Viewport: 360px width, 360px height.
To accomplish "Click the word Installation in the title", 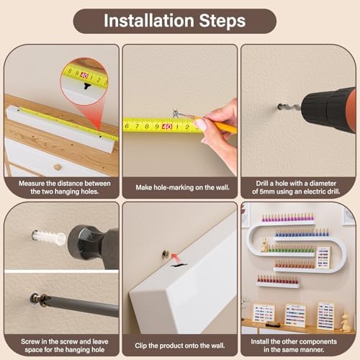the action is pos(149,21).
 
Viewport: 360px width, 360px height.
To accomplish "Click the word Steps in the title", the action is pos(222,21).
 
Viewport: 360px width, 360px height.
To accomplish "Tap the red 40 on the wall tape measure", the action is pos(167,127).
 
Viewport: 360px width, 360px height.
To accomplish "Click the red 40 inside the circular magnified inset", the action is pos(84,76).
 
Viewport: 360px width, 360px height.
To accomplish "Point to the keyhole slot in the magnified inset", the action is pos(86,86).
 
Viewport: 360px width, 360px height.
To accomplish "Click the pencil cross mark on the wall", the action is pos(176,114).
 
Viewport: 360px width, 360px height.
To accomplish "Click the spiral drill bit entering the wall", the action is pos(289,107).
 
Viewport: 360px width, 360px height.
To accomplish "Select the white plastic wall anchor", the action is pos(49,237).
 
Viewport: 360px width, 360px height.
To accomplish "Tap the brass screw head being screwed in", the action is pos(37,298).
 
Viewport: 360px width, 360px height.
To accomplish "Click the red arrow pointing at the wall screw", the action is pos(176,258).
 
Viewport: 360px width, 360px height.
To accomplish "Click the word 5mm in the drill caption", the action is pos(266,192).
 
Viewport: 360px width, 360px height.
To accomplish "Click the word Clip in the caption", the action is pos(140,346).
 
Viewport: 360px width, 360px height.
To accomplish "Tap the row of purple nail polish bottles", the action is pos(288,217).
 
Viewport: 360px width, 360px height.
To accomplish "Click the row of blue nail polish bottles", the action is pos(302,233).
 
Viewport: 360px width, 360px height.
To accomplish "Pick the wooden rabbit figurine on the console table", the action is pos(346,322).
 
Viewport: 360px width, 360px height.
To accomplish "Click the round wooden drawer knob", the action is pos(57,167).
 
